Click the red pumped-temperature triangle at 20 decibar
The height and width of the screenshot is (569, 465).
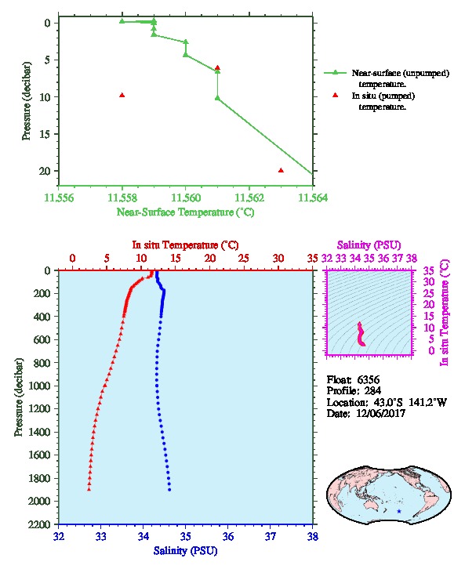[x=281, y=170]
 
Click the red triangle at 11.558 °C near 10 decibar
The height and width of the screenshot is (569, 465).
[x=122, y=95]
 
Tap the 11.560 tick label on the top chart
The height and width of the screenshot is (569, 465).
[x=186, y=198]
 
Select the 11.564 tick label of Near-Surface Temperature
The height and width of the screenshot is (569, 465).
[x=313, y=198]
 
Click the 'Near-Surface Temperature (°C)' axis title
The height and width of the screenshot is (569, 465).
[x=186, y=212]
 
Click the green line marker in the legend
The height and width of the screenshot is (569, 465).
[x=335, y=73]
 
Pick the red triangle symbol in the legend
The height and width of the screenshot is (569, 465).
[x=335, y=95]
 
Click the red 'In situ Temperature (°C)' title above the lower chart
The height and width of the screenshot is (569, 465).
[x=186, y=245]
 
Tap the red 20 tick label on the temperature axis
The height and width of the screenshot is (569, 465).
[x=210, y=258]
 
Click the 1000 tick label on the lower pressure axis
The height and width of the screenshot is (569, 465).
[x=41, y=386]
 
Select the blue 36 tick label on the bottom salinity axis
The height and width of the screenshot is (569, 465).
[x=228, y=536]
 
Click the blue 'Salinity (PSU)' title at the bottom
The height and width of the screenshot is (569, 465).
[x=186, y=551]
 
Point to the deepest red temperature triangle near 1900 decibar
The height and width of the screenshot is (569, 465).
[x=89, y=489]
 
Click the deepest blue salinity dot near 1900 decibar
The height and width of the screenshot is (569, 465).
[x=169, y=490]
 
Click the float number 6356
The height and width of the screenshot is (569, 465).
[x=369, y=380]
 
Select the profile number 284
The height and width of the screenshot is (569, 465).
[x=372, y=391]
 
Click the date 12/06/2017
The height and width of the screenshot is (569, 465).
[x=381, y=414]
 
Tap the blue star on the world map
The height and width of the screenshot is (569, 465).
[x=399, y=511]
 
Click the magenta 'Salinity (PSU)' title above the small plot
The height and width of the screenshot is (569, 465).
[x=369, y=245]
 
